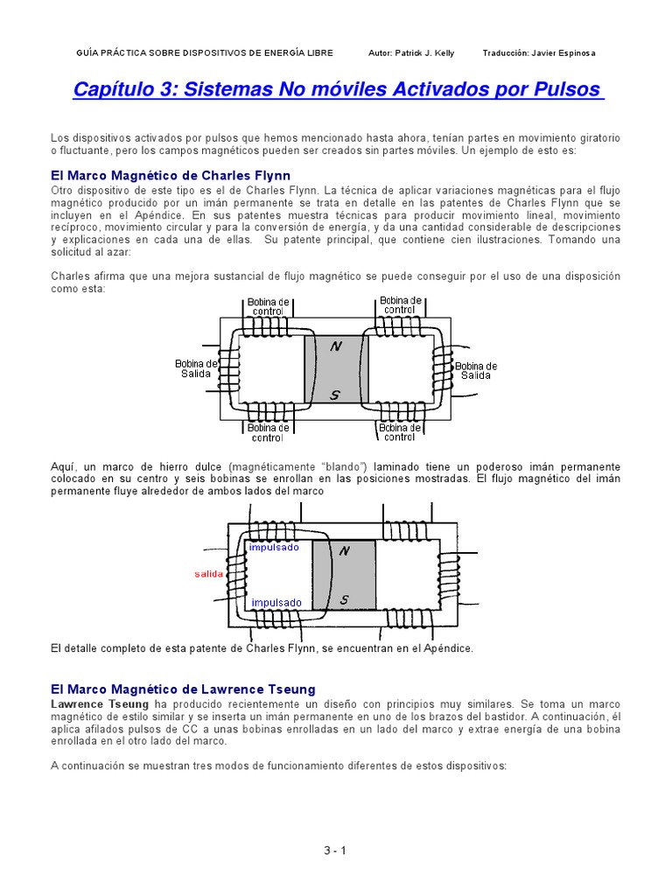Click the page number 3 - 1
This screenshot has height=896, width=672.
[335, 850]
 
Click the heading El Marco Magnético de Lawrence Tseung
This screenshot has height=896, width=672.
[183, 689]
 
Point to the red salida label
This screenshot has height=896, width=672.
[209, 574]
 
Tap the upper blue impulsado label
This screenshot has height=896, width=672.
[274, 548]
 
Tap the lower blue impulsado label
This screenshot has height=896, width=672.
[276, 602]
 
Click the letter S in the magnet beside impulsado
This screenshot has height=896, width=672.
[344, 599]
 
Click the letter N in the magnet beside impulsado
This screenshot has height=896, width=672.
[344, 550]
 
